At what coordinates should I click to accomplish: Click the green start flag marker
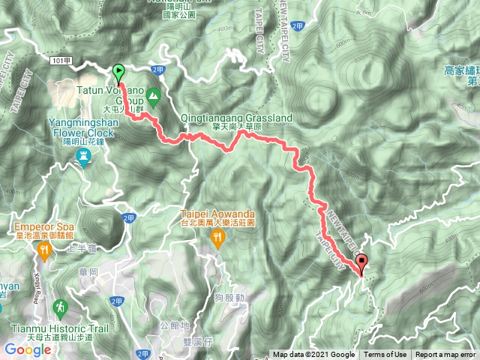click(x=118, y=73)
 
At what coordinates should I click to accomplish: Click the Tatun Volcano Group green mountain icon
click(x=153, y=95)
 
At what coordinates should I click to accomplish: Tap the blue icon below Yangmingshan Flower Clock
click(x=85, y=155)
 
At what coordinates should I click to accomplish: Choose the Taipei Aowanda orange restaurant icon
click(x=217, y=238)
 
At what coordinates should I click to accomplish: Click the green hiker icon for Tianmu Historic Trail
click(x=60, y=307)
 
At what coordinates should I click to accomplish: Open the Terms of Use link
click(x=385, y=355)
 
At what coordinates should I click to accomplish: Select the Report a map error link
click(x=445, y=355)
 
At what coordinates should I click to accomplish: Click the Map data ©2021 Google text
click(x=313, y=355)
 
